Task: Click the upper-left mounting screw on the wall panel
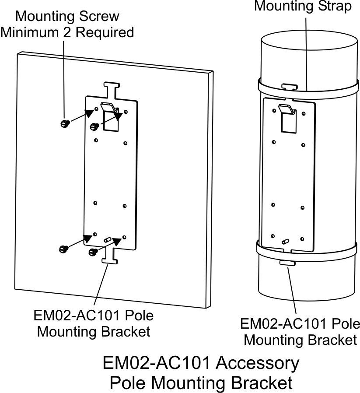[64, 124]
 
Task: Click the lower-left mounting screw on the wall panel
[63, 249]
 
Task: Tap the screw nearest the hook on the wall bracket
[93, 127]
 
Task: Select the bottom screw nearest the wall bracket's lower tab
[93, 252]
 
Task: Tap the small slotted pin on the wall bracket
[108, 240]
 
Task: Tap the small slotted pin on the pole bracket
[286, 241]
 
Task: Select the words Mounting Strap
[303, 7]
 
